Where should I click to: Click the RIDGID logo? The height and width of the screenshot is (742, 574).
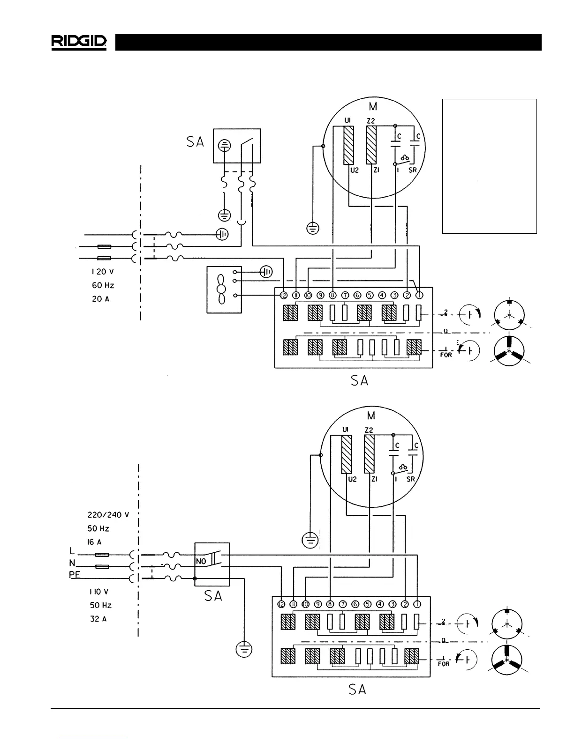tap(79, 42)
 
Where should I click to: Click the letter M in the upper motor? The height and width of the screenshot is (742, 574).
tap(373, 107)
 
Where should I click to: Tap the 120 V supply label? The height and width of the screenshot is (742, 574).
tap(103, 272)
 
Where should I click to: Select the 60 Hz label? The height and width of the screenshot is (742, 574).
tap(103, 285)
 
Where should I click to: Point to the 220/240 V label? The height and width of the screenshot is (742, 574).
tap(108, 515)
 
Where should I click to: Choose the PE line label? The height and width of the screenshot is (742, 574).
tap(75, 575)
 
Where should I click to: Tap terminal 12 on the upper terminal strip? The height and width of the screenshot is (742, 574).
tap(283, 295)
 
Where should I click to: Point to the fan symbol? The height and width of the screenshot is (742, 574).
tap(220, 289)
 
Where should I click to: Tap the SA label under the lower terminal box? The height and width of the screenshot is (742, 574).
tap(357, 690)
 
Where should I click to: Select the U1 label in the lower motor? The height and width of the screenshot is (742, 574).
tap(346, 430)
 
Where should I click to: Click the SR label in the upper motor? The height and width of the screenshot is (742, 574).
tap(413, 171)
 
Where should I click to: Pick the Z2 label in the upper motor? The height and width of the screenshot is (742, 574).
tap(371, 121)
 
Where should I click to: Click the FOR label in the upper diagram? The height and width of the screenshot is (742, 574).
tap(446, 355)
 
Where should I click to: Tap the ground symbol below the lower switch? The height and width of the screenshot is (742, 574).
tap(244, 649)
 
